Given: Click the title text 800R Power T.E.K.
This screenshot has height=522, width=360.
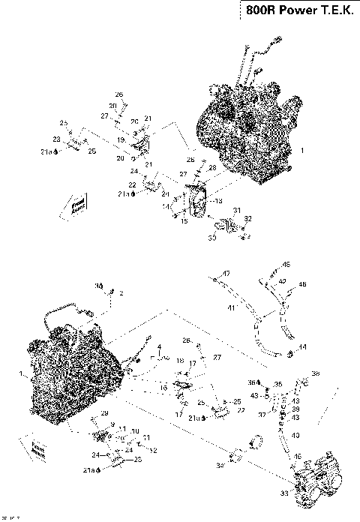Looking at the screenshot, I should [298, 11].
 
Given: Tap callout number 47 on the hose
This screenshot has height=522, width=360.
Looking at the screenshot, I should [226, 274].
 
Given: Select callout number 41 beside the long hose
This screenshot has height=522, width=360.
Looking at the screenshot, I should [232, 308].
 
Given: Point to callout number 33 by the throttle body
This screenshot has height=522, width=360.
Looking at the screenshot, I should [284, 492].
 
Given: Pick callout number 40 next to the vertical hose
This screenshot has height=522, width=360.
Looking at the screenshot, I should [295, 436].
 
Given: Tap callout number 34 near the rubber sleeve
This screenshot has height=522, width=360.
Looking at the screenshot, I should [221, 466].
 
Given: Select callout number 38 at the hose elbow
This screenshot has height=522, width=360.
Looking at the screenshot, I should [315, 373].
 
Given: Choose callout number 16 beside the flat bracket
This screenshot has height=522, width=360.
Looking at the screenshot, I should [164, 388].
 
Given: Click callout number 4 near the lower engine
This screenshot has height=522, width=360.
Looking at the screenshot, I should [159, 346].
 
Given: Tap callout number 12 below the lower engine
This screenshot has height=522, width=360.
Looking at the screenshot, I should [153, 450].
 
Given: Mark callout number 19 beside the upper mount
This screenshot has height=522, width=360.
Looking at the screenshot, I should [120, 139].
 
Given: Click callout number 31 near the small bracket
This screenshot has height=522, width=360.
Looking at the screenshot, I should [236, 210].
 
